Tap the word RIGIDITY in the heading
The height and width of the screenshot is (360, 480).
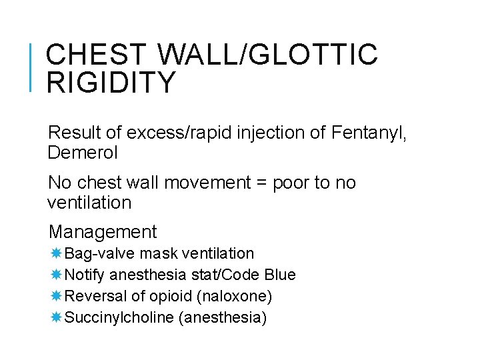click(x=111, y=83)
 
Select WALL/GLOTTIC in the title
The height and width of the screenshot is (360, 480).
click(x=270, y=55)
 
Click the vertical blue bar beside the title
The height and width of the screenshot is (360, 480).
click(x=32, y=67)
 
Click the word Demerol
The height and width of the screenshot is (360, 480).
click(x=83, y=153)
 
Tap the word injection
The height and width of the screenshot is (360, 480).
click(x=265, y=133)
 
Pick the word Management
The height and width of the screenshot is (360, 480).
click(x=103, y=232)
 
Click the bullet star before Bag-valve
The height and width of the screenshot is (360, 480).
click(x=56, y=253)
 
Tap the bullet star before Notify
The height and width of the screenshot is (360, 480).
click(x=56, y=275)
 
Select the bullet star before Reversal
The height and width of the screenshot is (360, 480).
click(x=56, y=295)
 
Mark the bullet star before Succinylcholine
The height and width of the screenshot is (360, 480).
click(x=56, y=317)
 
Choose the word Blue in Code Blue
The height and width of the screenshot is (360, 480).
click(x=280, y=275)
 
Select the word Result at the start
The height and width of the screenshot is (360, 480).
click(x=71, y=133)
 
